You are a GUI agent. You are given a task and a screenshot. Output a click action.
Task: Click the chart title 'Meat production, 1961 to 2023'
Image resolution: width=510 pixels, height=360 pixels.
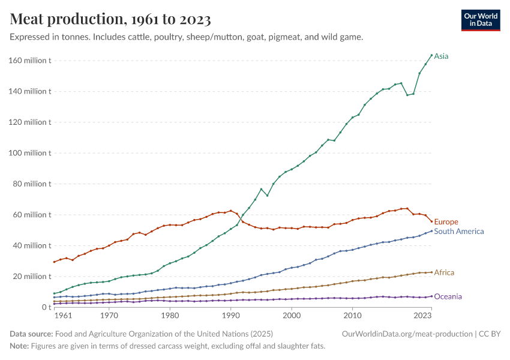pos(110,20)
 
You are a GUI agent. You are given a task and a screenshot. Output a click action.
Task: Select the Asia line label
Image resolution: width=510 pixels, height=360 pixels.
pos(441,56)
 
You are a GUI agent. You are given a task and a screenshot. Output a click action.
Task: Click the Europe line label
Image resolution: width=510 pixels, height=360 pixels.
pos(446,222)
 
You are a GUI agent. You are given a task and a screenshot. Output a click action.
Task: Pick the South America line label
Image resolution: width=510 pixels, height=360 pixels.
pos(458,232)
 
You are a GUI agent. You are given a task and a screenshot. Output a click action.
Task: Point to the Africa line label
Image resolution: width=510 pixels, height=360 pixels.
pos(444,272)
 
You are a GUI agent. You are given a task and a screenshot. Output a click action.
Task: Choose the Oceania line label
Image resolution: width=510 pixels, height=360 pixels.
pos(448,296)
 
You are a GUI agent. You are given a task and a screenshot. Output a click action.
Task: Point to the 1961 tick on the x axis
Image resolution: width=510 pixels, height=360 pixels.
pos(63,315)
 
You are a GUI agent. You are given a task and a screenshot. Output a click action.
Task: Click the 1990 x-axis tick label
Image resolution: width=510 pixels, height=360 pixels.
pos(230,315)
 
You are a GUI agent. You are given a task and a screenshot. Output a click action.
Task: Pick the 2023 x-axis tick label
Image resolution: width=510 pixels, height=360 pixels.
pos(422,315)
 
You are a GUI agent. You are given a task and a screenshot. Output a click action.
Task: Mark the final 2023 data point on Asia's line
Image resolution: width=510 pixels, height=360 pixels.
pos(431,55)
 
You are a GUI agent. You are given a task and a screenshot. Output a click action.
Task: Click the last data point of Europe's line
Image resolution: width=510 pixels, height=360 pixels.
pos(431,221)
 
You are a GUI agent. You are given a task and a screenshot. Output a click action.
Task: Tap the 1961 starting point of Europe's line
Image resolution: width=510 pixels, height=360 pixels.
pos(54,262)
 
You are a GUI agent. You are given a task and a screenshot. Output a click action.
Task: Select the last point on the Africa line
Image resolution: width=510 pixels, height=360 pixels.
pos(431,272)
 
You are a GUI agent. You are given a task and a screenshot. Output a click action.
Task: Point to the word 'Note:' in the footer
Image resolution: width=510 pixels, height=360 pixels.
pos(20,346)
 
